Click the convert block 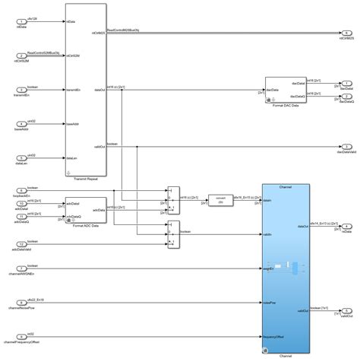pos(219,199)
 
